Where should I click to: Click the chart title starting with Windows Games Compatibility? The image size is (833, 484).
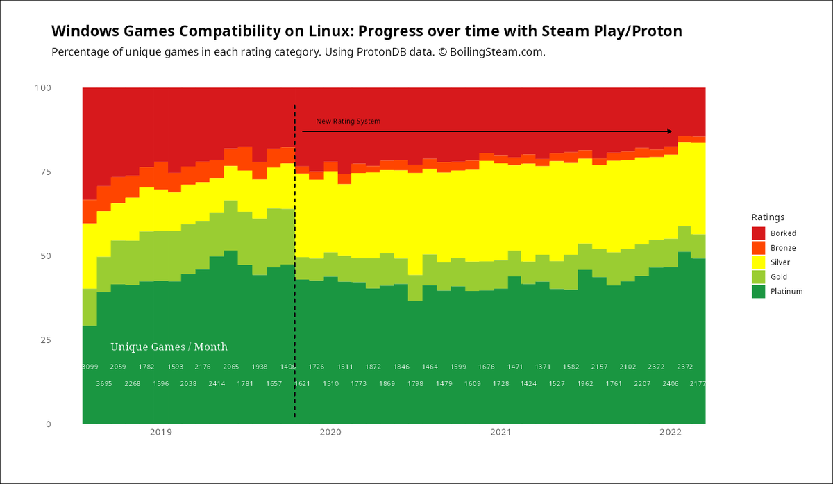tap(367, 31)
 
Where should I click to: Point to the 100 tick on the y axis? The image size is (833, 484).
tap(42, 88)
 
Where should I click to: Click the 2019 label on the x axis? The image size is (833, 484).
tap(161, 433)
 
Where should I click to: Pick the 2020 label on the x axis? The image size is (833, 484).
tap(330, 433)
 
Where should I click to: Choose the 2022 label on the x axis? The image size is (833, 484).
tap(671, 433)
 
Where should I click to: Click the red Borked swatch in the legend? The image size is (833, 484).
tap(759, 233)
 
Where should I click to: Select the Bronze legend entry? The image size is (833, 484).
tap(783, 248)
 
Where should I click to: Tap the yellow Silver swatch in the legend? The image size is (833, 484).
tap(759, 262)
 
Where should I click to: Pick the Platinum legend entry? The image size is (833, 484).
tap(786, 292)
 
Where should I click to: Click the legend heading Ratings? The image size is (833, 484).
tap(768, 217)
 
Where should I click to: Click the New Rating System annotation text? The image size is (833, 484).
tap(348, 122)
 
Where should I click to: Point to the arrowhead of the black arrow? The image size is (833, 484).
tap(670, 131)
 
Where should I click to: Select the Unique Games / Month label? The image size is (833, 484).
tap(169, 347)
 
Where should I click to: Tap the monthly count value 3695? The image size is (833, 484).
tap(103, 384)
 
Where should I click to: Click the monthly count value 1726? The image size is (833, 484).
tap(317, 367)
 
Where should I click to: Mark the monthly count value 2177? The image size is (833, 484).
tap(698, 384)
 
